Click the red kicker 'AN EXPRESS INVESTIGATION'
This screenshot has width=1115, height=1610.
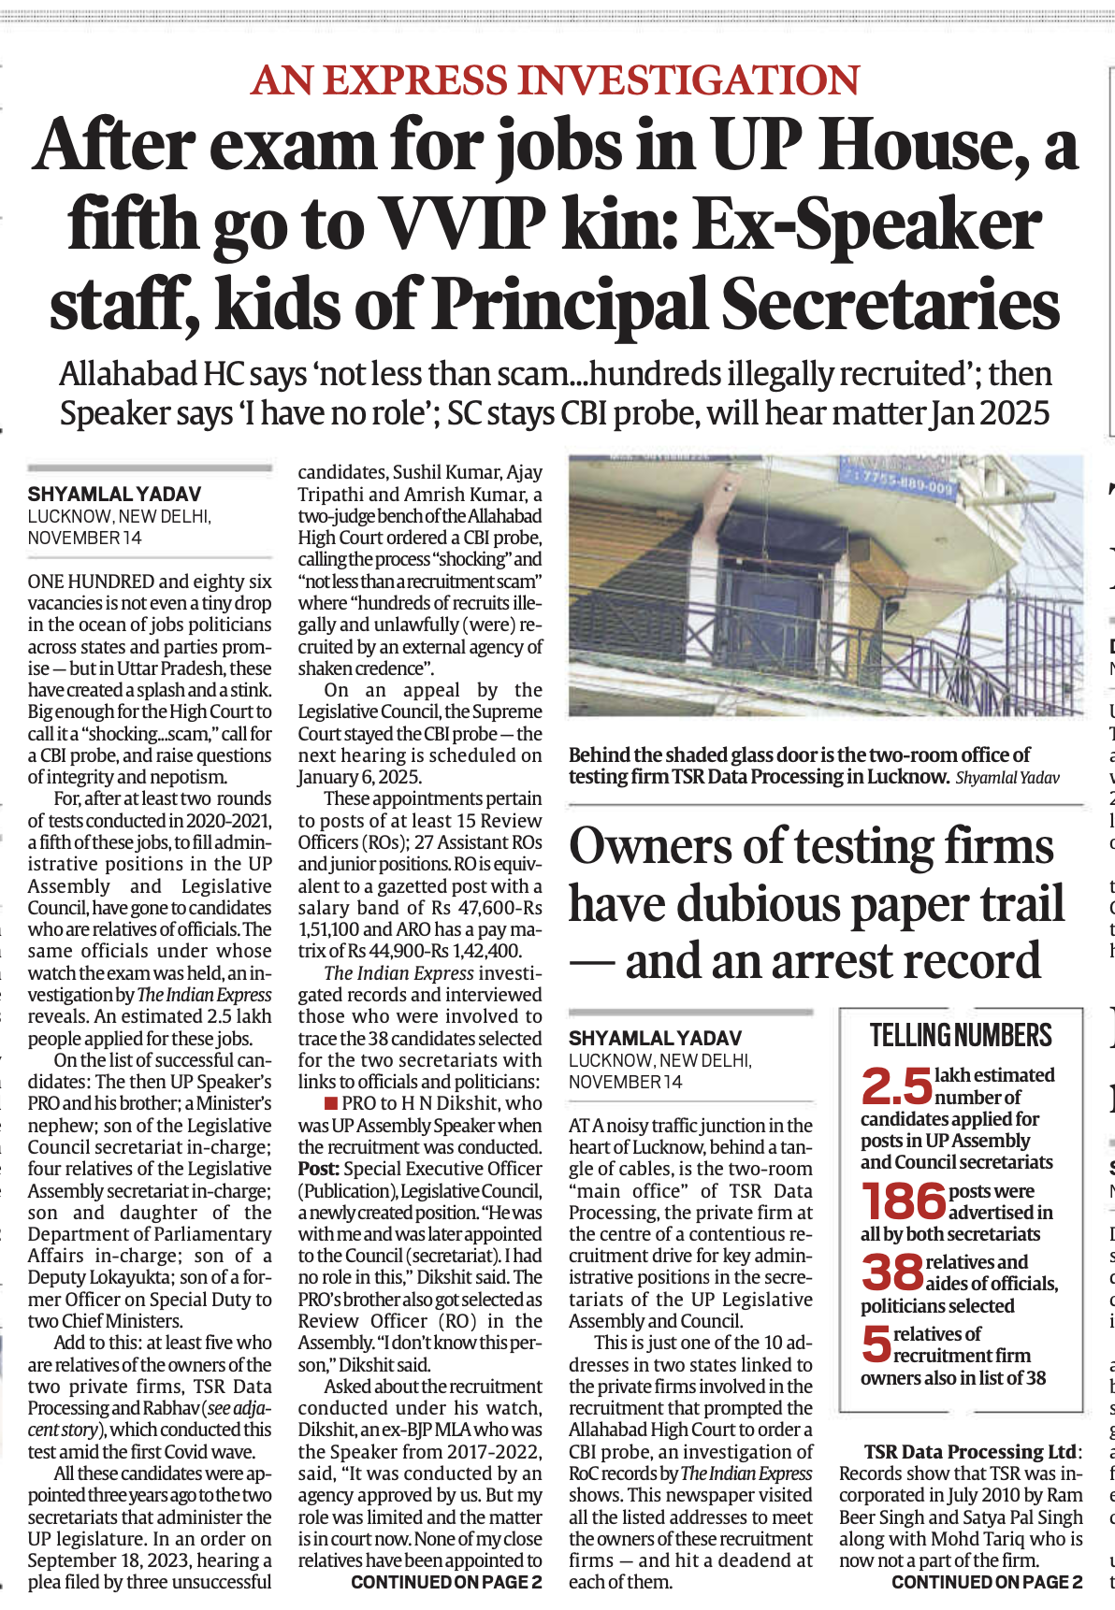[x=556, y=80]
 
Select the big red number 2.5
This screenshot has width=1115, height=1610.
[x=895, y=1086]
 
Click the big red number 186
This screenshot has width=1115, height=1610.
[x=903, y=1202]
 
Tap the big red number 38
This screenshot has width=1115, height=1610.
[x=891, y=1272]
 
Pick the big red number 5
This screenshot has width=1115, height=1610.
[x=876, y=1344]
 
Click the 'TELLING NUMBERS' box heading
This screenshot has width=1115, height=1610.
[x=961, y=1036]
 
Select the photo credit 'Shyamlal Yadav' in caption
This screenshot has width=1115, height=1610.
[x=1007, y=778]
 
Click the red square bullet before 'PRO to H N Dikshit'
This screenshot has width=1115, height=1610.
[x=330, y=1103]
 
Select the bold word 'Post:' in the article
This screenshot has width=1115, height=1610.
[x=318, y=1169]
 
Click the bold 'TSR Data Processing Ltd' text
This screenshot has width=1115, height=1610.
[x=970, y=1452]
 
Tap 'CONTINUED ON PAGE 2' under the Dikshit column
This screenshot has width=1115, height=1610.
[x=446, y=1582]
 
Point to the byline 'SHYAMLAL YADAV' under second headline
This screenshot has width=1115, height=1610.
[x=655, y=1038]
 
